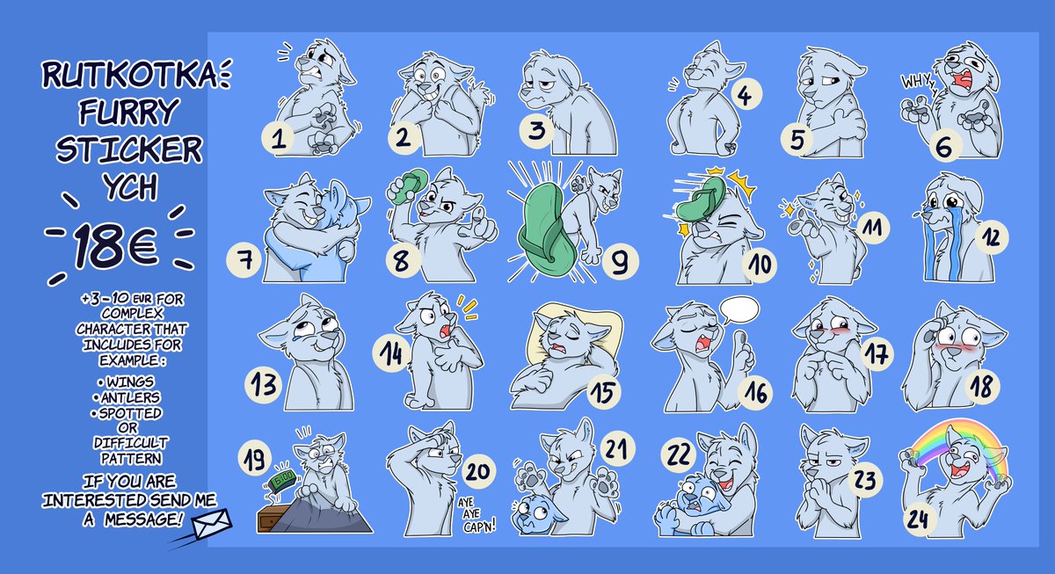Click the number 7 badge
point(244,260)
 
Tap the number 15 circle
point(605,393)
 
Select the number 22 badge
point(679,455)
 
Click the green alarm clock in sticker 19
point(282,480)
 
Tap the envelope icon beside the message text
point(212,524)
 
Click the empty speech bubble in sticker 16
point(739,309)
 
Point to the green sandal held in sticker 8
point(408,186)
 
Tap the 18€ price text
point(116,246)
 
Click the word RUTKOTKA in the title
point(129,75)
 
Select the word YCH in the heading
point(130,187)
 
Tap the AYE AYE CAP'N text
point(477,515)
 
